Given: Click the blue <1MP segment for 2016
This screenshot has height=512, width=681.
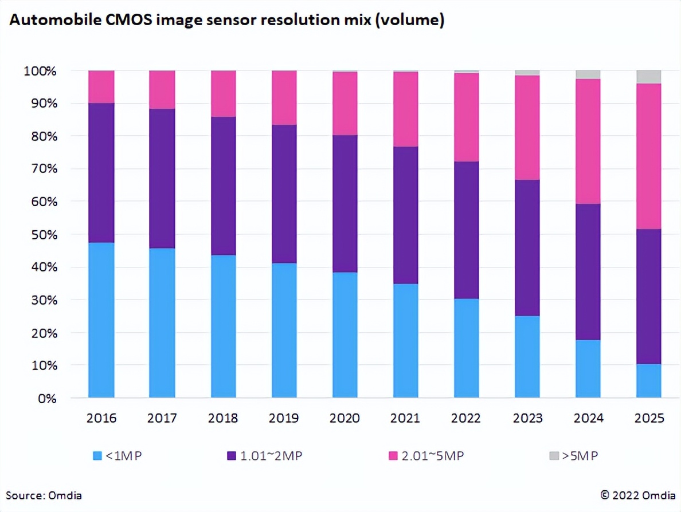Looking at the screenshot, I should click(101, 320).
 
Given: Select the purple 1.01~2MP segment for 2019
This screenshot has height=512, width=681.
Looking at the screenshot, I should click(284, 194).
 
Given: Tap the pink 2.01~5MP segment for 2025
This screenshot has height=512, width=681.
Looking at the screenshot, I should click(649, 156).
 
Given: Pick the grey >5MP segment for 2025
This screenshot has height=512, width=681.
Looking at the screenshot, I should click(649, 77).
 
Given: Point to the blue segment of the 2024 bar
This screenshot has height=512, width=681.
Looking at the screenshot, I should click(588, 368).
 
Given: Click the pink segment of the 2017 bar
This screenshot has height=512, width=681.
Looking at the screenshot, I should click(162, 89).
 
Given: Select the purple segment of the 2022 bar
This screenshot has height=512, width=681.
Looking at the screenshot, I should click(467, 230).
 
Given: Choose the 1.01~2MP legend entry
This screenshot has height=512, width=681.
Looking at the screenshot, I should click(264, 456).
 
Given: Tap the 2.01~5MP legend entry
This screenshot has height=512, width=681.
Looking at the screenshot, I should click(426, 456).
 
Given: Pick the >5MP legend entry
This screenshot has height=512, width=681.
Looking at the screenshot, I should click(574, 456).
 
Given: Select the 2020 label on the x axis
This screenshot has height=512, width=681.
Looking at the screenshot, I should click(345, 419).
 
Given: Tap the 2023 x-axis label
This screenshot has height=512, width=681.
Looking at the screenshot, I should click(527, 419).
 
